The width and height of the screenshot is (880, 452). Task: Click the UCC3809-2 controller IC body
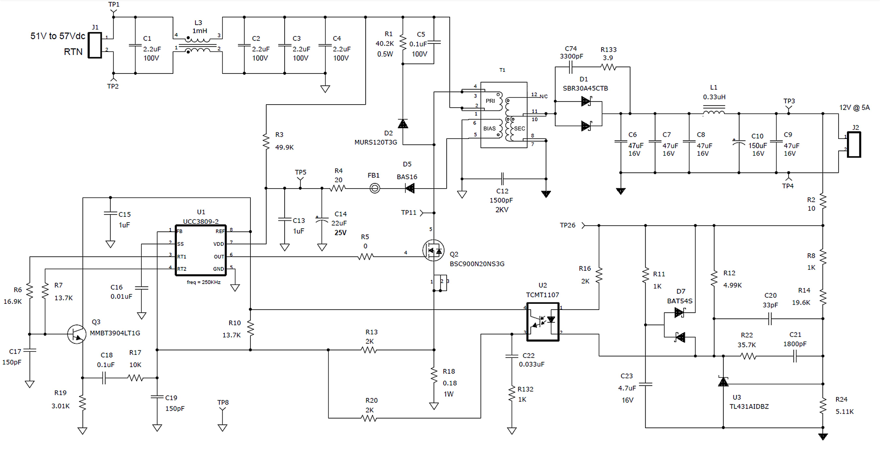click(201, 251)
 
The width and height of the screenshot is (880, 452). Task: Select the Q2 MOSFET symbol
click(433, 251)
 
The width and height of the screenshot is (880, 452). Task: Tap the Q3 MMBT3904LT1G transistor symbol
click(77, 334)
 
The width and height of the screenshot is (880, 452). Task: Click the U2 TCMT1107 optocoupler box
click(543, 322)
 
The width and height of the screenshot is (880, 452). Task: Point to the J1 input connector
click(95, 45)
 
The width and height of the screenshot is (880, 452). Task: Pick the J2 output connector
click(854, 144)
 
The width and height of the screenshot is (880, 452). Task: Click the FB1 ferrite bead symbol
click(374, 189)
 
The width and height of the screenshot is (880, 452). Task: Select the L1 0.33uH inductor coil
click(713, 113)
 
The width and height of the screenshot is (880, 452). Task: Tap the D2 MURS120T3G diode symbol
click(403, 124)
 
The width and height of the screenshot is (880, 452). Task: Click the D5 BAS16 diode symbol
click(410, 189)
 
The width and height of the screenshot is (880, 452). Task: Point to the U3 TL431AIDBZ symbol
click(723, 382)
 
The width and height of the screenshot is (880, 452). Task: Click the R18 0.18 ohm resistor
click(434, 375)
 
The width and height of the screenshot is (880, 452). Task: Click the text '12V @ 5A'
click(854, 108)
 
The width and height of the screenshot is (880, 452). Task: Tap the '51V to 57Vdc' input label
click(57, 36)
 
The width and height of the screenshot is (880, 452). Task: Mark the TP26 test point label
click(567, 225)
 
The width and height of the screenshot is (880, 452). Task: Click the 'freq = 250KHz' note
click(203, 282)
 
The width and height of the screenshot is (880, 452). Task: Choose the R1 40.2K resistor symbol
click(403, 43)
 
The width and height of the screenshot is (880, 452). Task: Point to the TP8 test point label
click(223, 402)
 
